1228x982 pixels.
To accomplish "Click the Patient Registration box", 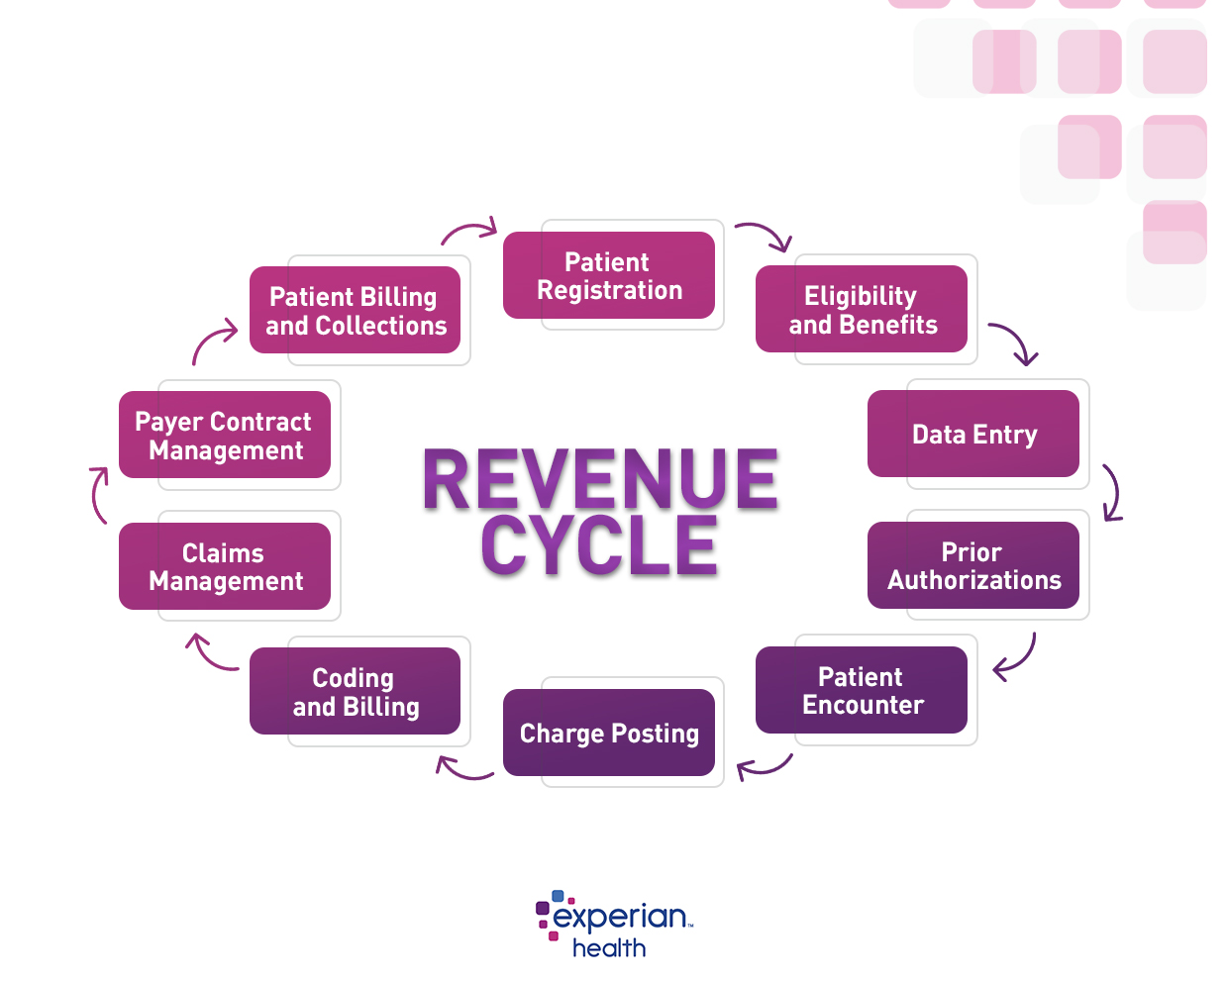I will [608, 275].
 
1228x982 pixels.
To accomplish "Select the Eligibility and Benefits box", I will [861, 309].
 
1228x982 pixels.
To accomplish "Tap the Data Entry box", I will [972, 434].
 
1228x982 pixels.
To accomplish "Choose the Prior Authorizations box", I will [972, 565].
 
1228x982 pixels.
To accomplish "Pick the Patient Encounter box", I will [861, 690].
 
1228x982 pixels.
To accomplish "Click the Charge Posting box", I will [608, 733].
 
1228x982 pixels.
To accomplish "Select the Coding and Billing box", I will [355, 691].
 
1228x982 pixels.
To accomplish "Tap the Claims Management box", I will [225, 566].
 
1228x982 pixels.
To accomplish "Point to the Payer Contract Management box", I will [225, 436].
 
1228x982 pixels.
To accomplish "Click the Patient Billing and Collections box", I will [355, 310].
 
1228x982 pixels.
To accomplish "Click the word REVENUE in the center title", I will [600, 480].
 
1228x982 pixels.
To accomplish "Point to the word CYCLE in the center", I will [600, 545].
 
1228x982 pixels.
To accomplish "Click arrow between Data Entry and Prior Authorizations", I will [1113, 492].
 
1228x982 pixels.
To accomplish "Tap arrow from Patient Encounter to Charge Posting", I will [765, 766].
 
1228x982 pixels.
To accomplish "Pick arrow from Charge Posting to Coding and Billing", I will [463, 769].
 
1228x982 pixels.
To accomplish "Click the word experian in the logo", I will [620, 917].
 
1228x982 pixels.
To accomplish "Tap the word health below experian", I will [609, 948].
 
